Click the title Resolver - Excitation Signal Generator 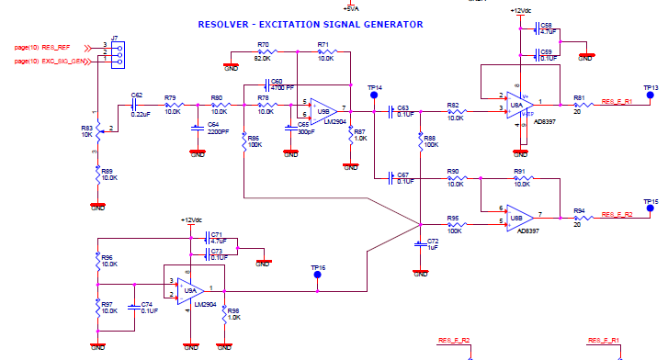(311, 24)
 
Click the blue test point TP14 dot (374, 98)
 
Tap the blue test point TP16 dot (318, 273)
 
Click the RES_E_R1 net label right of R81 (617, 101)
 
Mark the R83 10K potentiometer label (87, 130)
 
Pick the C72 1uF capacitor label (433, 243)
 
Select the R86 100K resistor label (255, 141)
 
